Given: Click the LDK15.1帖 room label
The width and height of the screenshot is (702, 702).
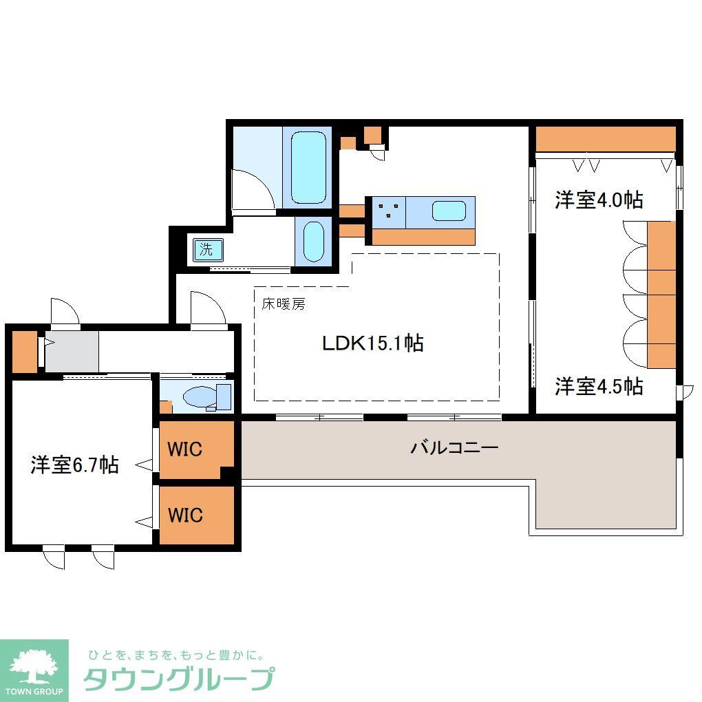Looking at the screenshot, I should [x=372, y=343].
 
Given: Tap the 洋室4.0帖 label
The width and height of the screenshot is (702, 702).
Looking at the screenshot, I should [x=599, y=200].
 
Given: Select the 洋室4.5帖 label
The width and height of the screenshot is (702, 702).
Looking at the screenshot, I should [x=599, y=386].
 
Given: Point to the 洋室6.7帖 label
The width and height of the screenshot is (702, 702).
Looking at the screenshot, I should [x=74, y=465].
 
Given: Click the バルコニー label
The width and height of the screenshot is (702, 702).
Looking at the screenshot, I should [x=454, y=448].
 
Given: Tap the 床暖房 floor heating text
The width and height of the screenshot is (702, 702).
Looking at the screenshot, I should [x=282, y=304].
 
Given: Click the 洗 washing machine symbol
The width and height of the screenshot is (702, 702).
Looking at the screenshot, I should [x=206, y=249].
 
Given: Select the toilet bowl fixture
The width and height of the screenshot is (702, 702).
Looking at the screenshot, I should [x=200, y=397].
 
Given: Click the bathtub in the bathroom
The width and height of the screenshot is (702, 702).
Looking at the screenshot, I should [x=308, y=167].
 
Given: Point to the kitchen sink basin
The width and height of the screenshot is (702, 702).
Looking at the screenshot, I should [x=449, y=211].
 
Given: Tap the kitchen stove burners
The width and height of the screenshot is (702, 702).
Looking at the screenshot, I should [x=389, y=210].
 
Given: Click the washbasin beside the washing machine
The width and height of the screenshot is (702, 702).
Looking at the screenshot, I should [x=313, y=242].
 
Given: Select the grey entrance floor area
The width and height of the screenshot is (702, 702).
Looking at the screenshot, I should [x=72, y=351].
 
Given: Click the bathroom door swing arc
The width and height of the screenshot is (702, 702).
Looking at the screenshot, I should [x=252, y=184].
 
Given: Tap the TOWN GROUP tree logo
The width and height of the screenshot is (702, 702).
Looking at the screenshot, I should [x=34, y=666].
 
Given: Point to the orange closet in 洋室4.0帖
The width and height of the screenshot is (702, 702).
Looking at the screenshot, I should [x=605, y=140].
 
